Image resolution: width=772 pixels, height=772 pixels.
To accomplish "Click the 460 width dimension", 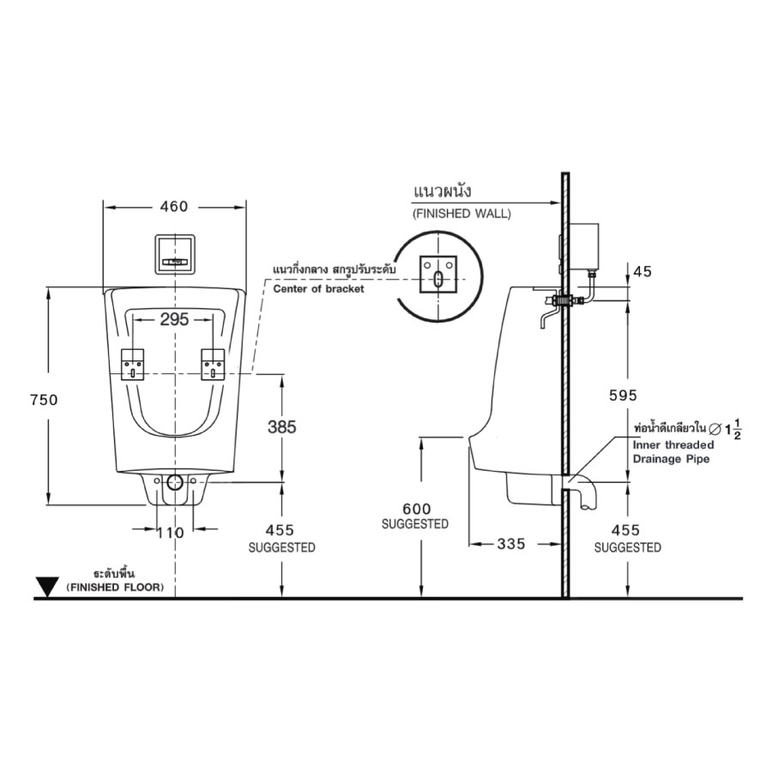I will click(x=173, y=207).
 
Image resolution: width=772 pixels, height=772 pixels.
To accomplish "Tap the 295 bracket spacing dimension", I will click(x=174, y=320).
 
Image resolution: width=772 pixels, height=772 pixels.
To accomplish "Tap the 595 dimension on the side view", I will click(x=624, y=395).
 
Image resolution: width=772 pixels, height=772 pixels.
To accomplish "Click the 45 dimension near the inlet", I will click(x=642, y=272).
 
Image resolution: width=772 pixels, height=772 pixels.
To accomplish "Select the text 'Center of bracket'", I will click(x=318, y=289).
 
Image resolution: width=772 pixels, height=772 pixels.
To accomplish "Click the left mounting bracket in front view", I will click(x=133, y=365).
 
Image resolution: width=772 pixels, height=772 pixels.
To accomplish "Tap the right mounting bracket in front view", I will click(x=214, y=365).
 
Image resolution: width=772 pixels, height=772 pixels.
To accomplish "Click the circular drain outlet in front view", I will click(x=174, y=482).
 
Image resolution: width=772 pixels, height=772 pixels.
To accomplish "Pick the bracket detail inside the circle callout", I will click(x=438, y=274).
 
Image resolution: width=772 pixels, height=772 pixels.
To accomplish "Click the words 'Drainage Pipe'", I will click(x=671, y=459).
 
